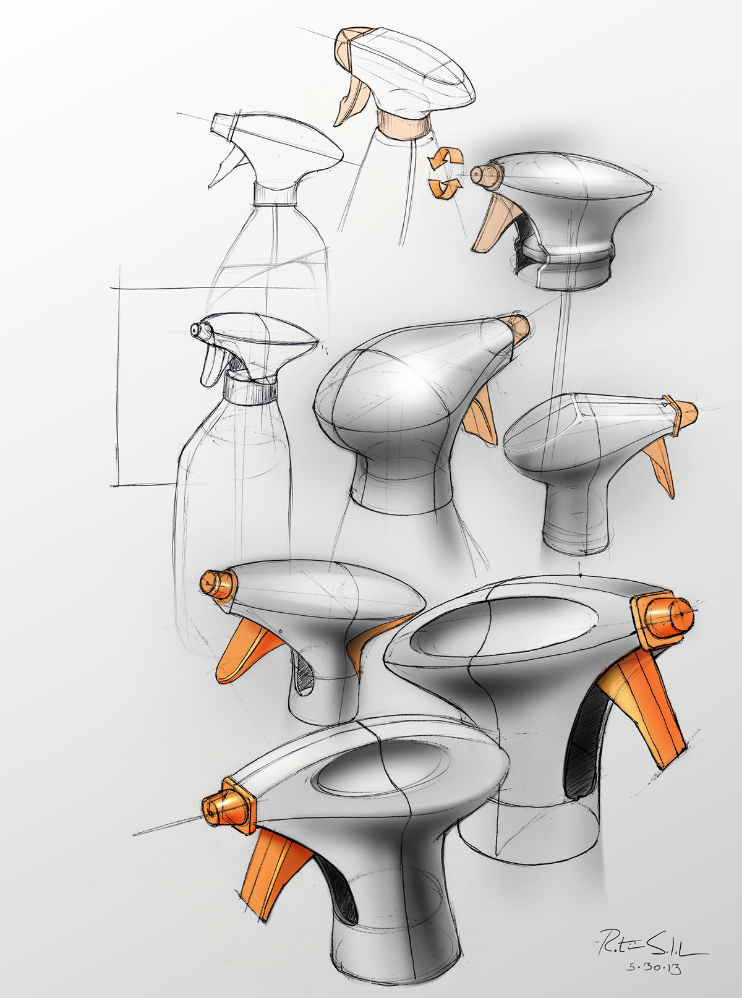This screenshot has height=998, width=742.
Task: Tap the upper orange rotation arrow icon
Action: pyautogui.click(x=443, y=158)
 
